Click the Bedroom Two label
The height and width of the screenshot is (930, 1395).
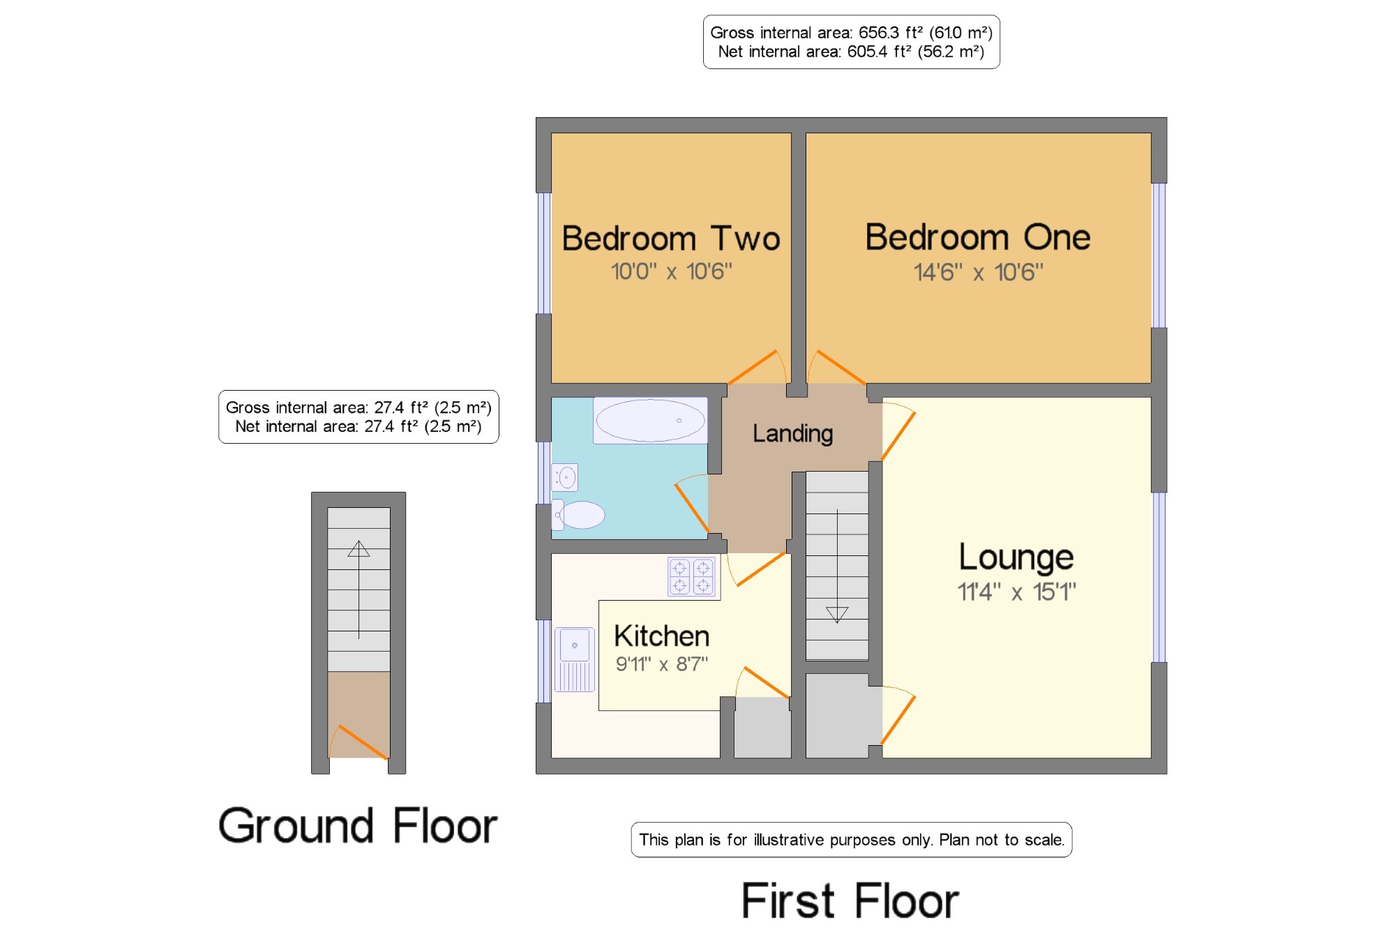pyautogui.click(x=671, y=239)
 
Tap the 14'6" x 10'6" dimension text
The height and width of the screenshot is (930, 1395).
pyautogui.click(x=979, y=272)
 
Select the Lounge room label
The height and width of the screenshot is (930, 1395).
pyautogui.click(x=1016, y=558)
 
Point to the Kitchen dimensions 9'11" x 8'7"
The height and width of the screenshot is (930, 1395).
pyautogui.click(x=661, y=663)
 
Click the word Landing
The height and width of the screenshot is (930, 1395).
pyautogui.click(x=792, y=434)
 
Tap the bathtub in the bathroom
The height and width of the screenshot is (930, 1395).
pyautogui.click(x=650, y=420)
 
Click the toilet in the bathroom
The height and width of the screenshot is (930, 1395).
pyautogui.click(x=578, y=515)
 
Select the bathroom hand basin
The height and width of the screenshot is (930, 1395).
pyautogui.click(x=565, y=478)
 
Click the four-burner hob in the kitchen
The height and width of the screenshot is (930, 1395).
pyautogui.click(x=692, y=576)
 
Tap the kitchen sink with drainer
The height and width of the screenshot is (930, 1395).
pyautogui.click(x=575, y=659)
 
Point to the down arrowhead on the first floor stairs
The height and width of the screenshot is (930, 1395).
pyautogui.click(x=837, y=614)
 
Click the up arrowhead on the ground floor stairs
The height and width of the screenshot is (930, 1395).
pyautogui.click(x=359, y=549)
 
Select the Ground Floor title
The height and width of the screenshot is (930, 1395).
pyautogui.click(x=358, y=825)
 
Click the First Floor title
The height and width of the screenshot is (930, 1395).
pyautogui.click(x=850, y=901)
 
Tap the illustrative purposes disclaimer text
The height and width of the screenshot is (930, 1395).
pyautogui.click(x=852, y=840)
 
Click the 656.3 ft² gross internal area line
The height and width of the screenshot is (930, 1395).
pyautogui.click(x=851, y=33)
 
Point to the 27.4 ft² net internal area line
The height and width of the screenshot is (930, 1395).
pyautogui.click(x=359, y=426)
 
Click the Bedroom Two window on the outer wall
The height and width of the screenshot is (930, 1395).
pyautogui.click(x=544, y=253)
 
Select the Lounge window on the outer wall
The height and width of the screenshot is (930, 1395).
pyautogui.click(x=1159, y=577)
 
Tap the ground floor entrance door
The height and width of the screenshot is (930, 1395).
pyautogui.click(x=359, y=742)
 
